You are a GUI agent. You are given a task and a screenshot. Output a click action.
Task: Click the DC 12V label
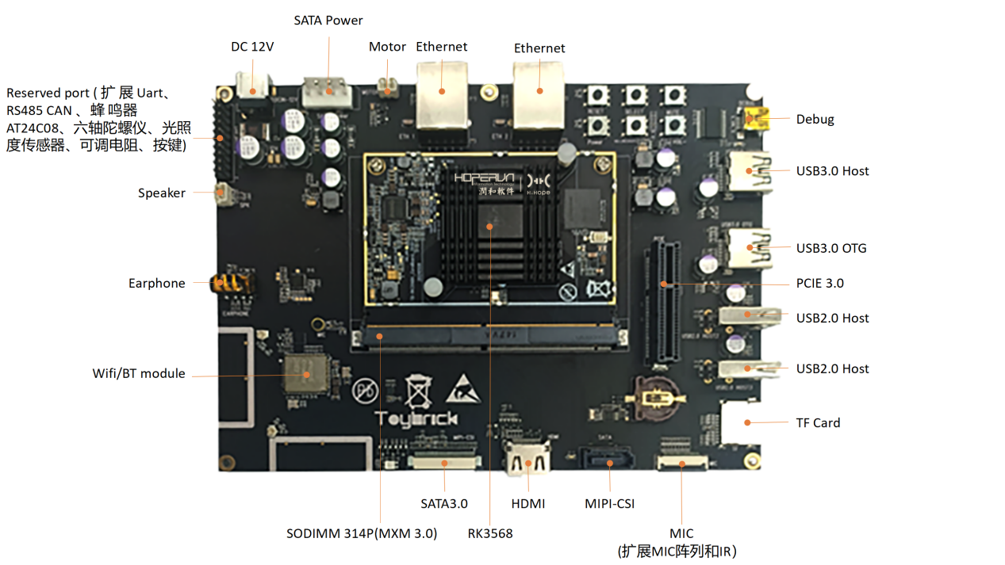tap(252, 47)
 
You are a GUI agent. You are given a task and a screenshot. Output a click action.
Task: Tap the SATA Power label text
tap(328, 20)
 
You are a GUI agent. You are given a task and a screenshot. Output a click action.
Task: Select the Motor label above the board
tap(387, 47)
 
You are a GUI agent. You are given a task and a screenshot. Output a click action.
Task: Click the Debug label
tap(815, 120)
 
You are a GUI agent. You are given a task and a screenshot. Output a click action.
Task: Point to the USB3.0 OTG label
tap(831, 248)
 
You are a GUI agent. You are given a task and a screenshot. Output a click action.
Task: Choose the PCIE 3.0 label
tap(819, 283)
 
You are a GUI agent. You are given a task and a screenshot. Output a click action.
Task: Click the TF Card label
tap(818, 422)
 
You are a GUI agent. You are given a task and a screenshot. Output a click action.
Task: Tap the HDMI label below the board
tap(528, 503)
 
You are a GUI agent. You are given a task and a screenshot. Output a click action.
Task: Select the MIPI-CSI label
tap(609, 503)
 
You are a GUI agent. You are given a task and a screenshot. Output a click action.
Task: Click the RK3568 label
tap(490, 533)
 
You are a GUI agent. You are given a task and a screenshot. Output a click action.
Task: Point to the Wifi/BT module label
tap(139, 373)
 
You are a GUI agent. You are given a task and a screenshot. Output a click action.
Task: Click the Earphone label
tap(157, 283)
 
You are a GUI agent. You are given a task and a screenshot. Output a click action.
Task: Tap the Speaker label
tap(162, 193)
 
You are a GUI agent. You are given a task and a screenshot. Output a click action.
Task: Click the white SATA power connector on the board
tap(326, 88)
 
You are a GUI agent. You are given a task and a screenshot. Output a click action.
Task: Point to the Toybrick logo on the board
tap(416, 418)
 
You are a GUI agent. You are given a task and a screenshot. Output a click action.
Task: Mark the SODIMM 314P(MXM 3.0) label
tap(362, 533)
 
